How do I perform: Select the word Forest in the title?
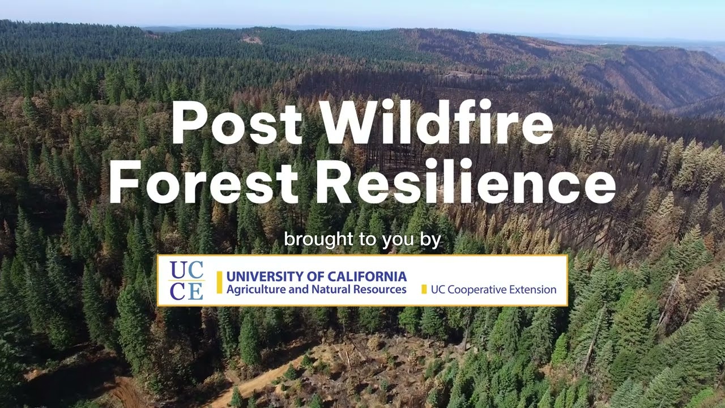coord(203,182)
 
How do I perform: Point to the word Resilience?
coord(465,182)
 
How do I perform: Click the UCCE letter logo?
coord(186,281)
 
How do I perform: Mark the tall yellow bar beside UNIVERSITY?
coord(219,282)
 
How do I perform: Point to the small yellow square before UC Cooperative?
coord(424,290)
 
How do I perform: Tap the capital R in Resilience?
coord(330,182)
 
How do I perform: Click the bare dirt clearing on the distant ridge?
coord(252,40)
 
